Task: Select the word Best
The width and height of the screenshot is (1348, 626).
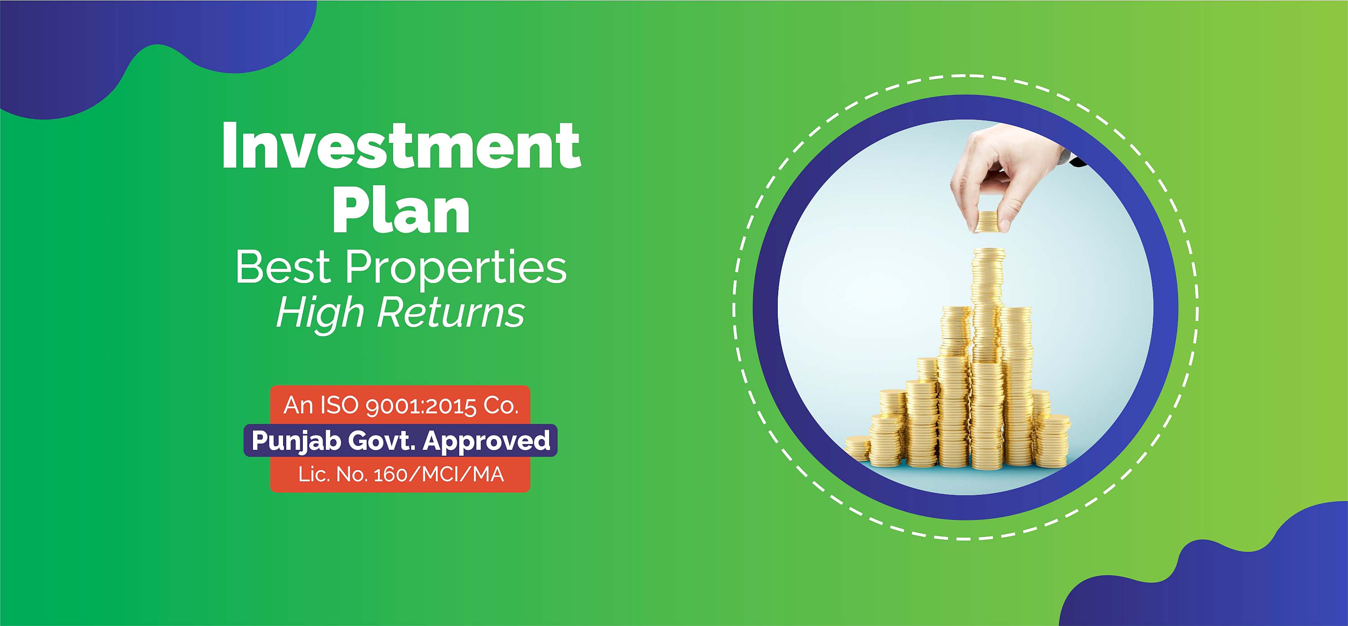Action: point(283,267)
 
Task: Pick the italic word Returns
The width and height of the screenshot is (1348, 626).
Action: point(451,312)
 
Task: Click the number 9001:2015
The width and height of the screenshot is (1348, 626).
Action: point(421,406)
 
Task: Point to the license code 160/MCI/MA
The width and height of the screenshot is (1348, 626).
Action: point(439,475)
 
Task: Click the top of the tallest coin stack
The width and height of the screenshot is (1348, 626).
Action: point(989,251)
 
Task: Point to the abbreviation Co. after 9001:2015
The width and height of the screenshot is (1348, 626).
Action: point(501,406)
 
